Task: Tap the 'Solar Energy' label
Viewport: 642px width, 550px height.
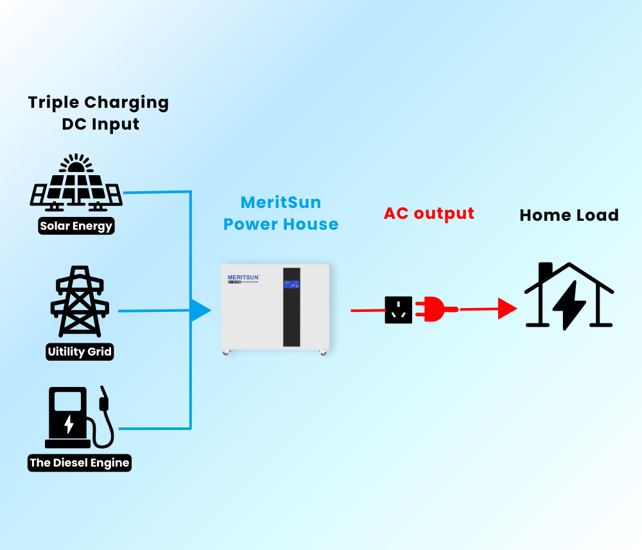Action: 76,226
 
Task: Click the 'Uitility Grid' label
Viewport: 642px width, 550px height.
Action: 80,352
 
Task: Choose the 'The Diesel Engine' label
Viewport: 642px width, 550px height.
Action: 80,463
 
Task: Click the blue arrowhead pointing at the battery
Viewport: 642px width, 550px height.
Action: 200,311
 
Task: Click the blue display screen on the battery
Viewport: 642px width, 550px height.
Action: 291,284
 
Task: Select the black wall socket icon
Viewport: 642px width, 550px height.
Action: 398,310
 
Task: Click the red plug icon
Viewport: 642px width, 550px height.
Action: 435,310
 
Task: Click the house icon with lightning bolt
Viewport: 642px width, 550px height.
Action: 569,296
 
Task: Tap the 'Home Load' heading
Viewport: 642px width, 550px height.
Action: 569,215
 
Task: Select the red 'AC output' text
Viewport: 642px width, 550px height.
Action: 429,213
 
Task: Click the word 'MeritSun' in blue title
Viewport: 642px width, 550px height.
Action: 281,202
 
